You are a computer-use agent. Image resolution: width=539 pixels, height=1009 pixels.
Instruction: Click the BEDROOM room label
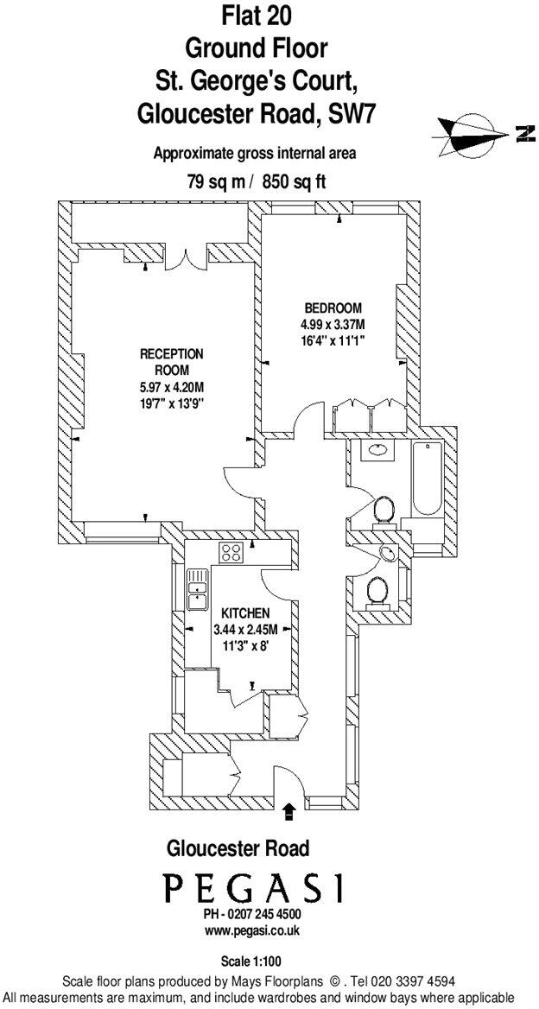click(x=333, y=308)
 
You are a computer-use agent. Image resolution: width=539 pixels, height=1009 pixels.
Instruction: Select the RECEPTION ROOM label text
click(x=172, y=361)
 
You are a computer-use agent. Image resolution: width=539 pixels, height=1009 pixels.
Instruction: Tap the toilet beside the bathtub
click(x=383, y=512)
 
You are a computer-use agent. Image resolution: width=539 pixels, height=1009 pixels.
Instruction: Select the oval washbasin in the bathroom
click(x=377, y=449)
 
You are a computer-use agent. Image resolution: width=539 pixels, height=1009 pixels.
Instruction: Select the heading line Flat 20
click(x=254, y=15)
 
